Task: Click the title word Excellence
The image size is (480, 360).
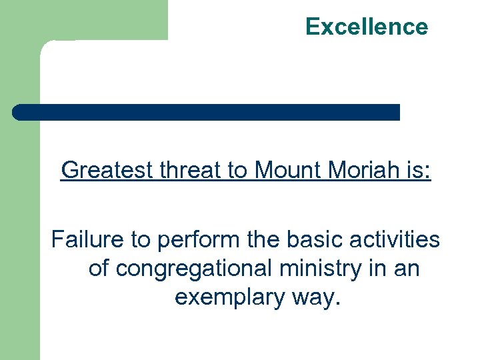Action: point(367,27)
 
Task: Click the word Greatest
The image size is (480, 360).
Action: point(107,171)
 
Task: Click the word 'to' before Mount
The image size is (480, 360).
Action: point(237,171)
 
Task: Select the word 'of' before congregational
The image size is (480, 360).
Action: point(99,268)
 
